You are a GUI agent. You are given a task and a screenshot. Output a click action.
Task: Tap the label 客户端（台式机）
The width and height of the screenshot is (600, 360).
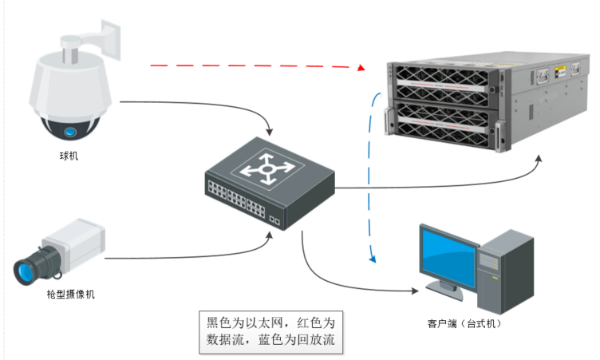(464, 324)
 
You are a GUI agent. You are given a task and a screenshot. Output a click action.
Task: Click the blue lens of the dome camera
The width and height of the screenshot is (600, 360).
(70, 131)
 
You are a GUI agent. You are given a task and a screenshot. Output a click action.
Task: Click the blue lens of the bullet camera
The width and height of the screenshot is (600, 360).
(22, 269)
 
